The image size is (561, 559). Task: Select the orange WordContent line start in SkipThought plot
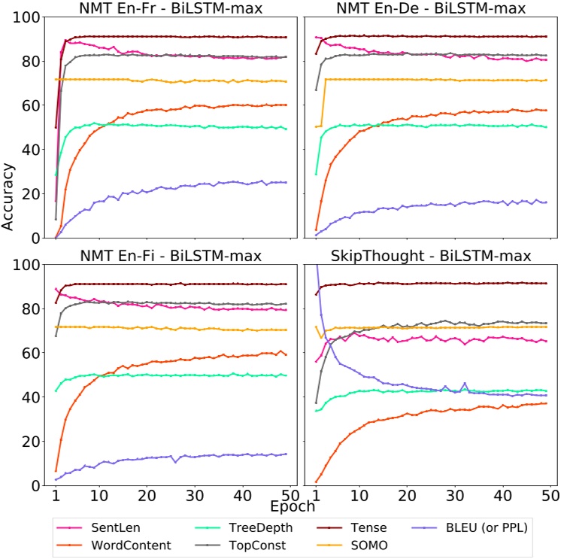(317, 482)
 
